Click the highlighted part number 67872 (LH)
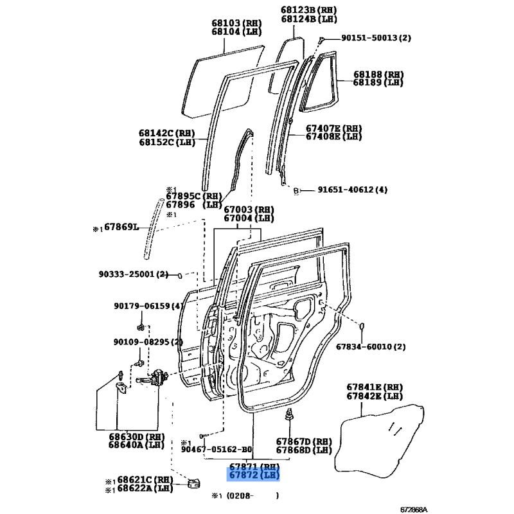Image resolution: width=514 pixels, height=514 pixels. click(254, 475)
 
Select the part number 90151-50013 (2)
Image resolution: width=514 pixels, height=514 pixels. click(376, 38)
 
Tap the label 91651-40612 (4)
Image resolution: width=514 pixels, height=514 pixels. click(352, 190)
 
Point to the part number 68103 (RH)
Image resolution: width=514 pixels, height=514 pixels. click(236, 23)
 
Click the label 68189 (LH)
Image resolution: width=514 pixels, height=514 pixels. click(378, 82)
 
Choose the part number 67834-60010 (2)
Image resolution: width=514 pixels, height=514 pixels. click(371, 346)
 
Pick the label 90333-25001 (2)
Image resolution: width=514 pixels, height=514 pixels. click(134, 274)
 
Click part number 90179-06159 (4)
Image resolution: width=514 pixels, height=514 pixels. click(148, 306)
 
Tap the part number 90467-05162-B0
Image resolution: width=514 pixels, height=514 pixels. click(217, 449)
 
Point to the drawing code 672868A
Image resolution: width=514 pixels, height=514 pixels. click(414, 510)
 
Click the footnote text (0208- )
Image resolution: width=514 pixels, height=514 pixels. click(253, 495)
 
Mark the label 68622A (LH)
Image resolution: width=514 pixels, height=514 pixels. click(145, 488)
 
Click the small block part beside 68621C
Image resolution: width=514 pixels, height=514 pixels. click(193, 483)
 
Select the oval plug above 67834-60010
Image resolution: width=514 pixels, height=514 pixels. click(362, 326)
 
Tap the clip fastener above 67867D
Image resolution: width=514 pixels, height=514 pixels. click(290, 414)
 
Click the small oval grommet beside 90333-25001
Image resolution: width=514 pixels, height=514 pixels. click(180, 276)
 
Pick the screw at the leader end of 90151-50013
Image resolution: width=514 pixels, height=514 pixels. click(322, 40)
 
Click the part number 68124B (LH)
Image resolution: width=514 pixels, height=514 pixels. click(309, 19)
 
